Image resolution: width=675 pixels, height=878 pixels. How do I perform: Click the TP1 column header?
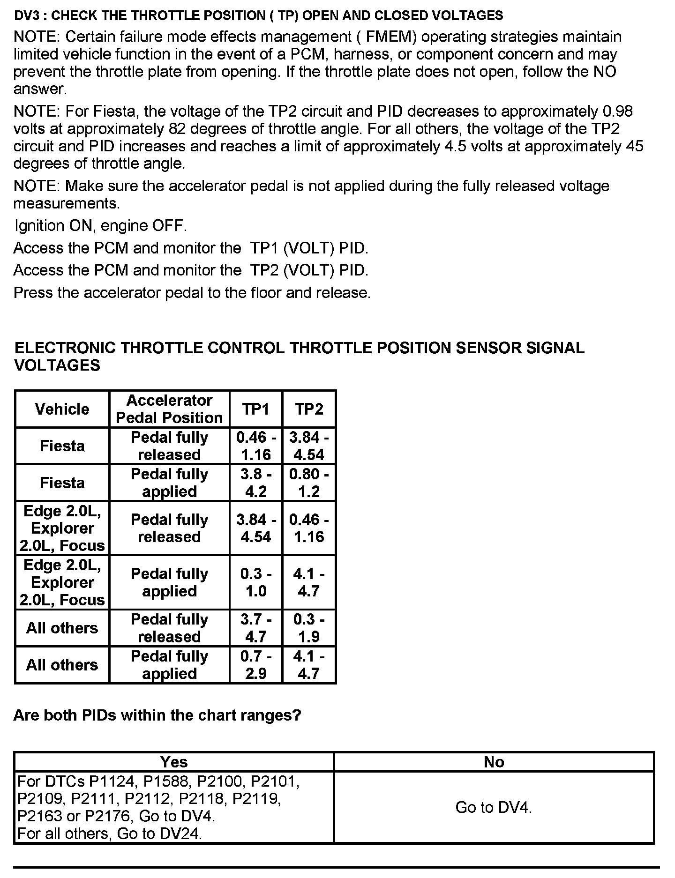point(255,409)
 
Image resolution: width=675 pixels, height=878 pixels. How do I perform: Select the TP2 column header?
point(309,409)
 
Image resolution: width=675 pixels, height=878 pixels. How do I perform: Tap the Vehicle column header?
point(62,409)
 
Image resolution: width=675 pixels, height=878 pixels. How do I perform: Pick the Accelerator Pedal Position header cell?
point(169,409)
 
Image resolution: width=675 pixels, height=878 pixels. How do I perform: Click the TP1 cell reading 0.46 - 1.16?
point(255,446)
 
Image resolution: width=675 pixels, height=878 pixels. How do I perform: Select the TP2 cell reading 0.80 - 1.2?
point(309,483)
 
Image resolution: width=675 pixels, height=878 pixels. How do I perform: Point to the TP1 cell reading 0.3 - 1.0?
point(255,582)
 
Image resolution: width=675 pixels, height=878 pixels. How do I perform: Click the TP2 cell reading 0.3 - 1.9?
point(309,628)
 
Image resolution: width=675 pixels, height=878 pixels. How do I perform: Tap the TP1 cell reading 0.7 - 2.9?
point(255,665)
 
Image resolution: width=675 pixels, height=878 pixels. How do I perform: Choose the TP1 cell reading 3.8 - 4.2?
point(255,483)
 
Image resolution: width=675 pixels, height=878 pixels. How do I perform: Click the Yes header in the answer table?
point(174,762)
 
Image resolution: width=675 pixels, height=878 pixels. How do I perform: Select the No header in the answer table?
point(494,762)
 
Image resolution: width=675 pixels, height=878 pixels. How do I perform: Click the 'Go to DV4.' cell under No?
point(494,807)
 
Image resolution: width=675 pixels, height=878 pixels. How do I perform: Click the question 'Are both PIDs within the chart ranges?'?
point(157,715)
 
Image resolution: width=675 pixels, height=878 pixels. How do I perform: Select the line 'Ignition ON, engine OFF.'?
point(101,226)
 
